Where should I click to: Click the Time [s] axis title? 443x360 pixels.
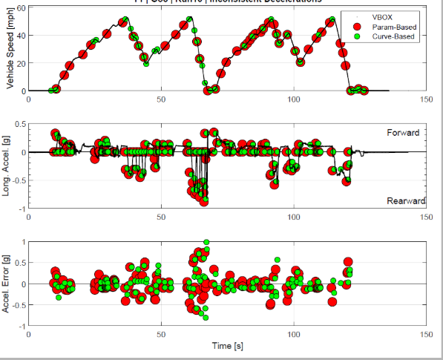(226, 347)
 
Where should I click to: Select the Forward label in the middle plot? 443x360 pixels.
(403, 133)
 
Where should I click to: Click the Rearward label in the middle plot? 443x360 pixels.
(405, 201)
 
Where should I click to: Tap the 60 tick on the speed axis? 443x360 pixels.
(21, 7)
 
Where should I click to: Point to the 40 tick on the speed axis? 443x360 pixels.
(21, 35)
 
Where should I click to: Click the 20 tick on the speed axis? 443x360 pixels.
(21, 63)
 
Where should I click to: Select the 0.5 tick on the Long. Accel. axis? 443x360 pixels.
(19, 124)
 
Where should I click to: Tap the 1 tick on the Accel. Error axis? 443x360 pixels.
(22, 242)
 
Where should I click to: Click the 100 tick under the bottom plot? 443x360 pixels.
(294, 335)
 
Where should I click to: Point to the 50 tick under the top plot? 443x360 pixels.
(161, 99)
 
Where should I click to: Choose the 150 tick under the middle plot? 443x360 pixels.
(426, 217)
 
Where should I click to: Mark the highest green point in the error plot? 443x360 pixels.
(206, 242)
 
